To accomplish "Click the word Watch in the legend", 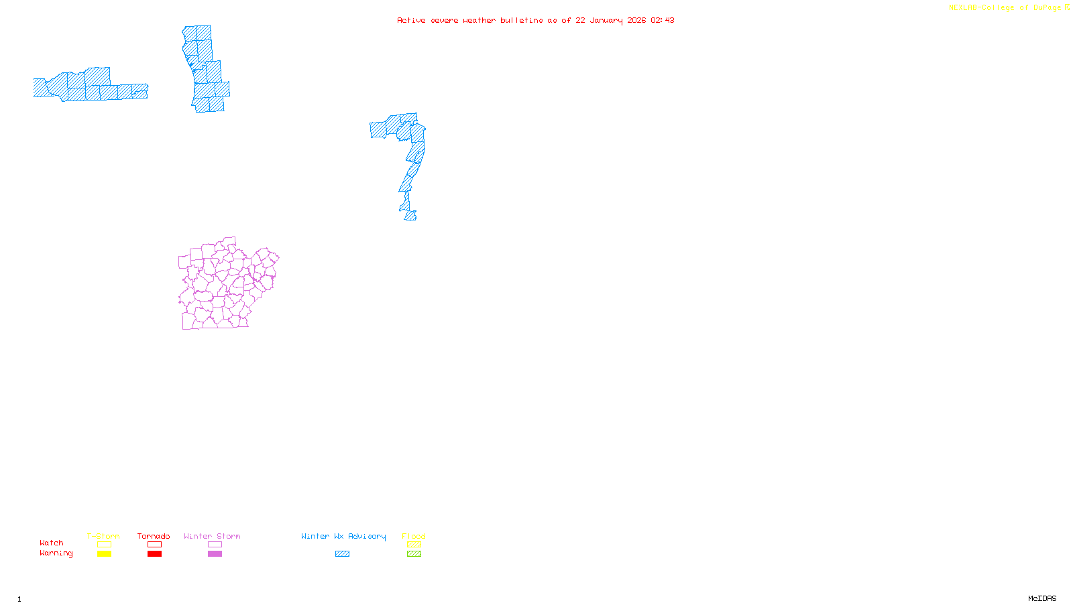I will [52, 543].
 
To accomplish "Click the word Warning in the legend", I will [56, 553].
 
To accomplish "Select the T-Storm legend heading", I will [103, 536].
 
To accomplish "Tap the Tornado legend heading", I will [154, 536].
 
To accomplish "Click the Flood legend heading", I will [414, 536].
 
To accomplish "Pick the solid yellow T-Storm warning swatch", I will [104, 554].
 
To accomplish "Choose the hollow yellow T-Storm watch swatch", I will [104, 545].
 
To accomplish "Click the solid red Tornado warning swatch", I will [155, 554].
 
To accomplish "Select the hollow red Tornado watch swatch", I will [155, 545].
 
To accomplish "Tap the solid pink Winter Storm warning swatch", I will [215, 554].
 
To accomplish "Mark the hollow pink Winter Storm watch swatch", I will [215, 545].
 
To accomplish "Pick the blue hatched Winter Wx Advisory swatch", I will [342, 554].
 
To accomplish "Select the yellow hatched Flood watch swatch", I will [414, 545].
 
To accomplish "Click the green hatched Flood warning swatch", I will [414, 554].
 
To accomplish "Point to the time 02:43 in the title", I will [662, 20].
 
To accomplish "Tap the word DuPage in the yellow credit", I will [1047, 7].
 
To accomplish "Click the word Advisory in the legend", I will [367, 536].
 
